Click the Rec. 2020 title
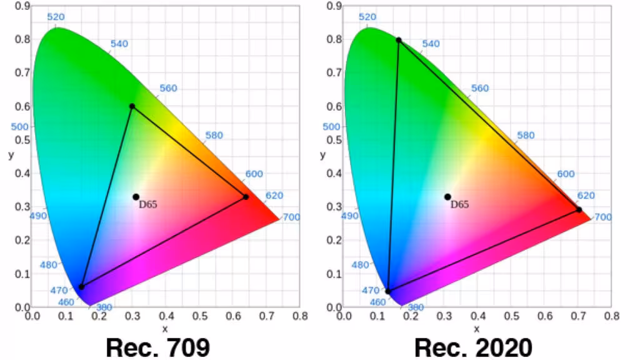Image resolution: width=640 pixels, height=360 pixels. tap(472, 346)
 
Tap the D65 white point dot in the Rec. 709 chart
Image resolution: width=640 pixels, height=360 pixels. tap(136, 197)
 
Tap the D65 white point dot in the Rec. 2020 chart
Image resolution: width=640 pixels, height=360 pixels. tap(447, 197)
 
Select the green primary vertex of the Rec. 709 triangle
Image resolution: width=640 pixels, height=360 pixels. tap(132, 106)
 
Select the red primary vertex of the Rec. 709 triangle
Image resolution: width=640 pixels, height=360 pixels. tap(246, 197)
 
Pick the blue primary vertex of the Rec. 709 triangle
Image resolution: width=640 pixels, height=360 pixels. tap(81, 287)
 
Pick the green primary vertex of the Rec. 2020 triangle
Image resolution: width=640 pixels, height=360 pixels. tap(399, 40)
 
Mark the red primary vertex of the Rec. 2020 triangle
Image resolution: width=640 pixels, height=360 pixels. tap(579, 209)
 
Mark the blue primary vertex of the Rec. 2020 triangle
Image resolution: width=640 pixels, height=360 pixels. tap(388, 291)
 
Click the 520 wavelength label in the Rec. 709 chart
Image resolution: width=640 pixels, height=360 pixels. tap(56, 17)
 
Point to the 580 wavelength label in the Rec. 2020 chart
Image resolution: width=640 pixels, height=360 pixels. tap(526, 136)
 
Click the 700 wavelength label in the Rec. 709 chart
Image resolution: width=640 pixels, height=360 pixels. tap(291, 217)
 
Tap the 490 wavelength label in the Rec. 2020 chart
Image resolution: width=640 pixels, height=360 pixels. tap(349, 216)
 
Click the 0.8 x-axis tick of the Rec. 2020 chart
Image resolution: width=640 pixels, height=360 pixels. tap(611, 316)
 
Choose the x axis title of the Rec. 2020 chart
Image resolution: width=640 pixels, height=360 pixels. tap(476, 329)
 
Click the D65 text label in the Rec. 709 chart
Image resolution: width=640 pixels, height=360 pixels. tap(148, 204)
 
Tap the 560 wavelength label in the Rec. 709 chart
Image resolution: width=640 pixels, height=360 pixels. tap(167, 89)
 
